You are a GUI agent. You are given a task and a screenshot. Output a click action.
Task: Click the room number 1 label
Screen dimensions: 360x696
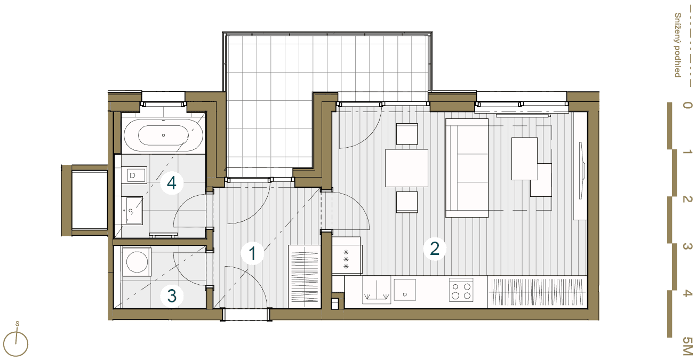tap(252, 253)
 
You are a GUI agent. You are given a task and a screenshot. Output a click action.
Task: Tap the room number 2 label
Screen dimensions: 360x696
tap(434, 249)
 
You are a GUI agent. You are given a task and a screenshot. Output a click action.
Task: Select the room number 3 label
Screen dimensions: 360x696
tap(172, 295)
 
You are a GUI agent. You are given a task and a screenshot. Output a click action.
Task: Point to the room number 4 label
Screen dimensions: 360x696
tap(171, 183)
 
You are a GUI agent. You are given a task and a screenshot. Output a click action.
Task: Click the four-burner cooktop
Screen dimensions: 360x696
tap(461, 290)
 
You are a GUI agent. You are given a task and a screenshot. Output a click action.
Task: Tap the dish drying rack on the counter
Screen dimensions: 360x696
tap(375, 291)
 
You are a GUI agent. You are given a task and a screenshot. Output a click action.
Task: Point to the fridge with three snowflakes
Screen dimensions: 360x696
tap(347, 259)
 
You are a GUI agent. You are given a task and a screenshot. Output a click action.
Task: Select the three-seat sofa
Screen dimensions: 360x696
tap(467, 168)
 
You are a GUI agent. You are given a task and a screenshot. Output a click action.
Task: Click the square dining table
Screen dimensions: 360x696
tap(407, 168)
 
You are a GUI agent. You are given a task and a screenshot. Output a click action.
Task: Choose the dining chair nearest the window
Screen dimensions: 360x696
tap(407, 134)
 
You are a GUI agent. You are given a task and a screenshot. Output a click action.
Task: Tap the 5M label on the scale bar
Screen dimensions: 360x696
tap(686, 347)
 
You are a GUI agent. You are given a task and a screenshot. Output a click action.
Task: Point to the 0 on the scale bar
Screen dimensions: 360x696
tap(687, 106)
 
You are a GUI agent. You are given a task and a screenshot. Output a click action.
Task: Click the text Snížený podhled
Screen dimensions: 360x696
tap(678, 45)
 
